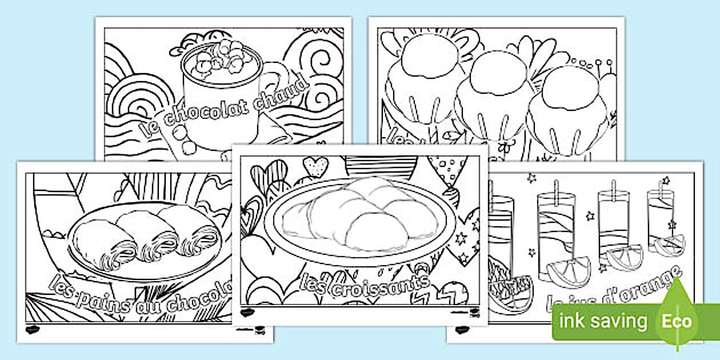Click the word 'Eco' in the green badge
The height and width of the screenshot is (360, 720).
pyautogui.click(x=677, y=321)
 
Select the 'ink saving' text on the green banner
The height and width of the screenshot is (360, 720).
pyautogui.click(x=603, y=321)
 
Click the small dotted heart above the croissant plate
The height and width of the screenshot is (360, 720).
pyautogui.click(x=314, y=166)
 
